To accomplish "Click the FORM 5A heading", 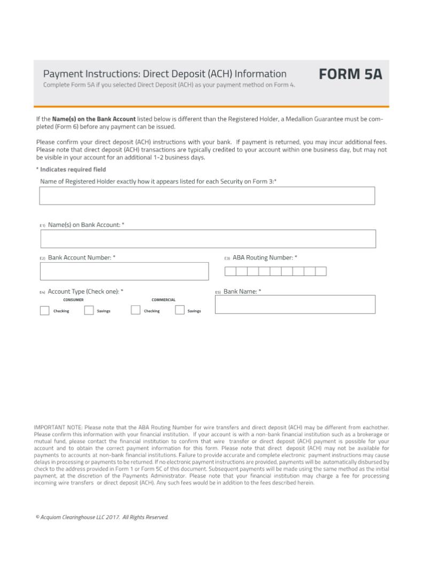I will click(351, 74).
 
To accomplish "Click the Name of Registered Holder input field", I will click(207, 196).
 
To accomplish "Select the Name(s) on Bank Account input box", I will click(208, 239).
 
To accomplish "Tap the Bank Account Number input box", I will click(124, 271).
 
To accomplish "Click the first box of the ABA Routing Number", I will click(230, 271).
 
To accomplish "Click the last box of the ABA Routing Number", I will click(321, 271).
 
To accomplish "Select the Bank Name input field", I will click(295, 304).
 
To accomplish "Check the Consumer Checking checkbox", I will click(45, 311).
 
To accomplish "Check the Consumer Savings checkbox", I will click(89, 311).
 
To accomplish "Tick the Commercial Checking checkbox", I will click(136, 311).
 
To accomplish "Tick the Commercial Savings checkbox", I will click(180, 311).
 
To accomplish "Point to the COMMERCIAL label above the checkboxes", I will click(163, 300).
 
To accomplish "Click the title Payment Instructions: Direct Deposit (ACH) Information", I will click(165, 74).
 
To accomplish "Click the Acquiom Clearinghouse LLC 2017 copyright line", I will click(102, 517).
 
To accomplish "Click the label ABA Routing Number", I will click(265, 258).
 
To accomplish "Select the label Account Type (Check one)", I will click(86, 292).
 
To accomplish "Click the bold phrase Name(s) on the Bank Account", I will click(94, 119).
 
